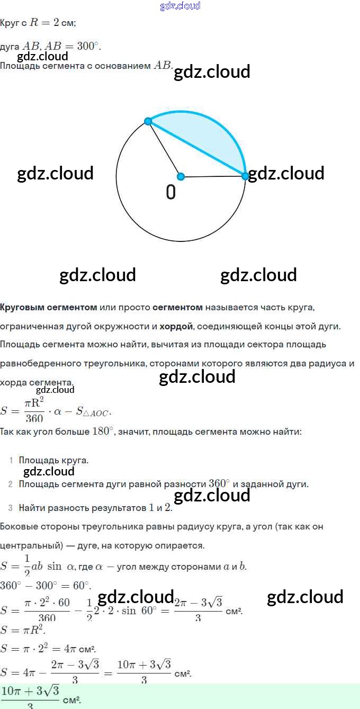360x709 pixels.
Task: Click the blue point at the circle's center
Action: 181,176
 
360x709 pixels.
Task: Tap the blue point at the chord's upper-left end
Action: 148,121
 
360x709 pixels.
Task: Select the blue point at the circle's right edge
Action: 245,176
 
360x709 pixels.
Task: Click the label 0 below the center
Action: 170,192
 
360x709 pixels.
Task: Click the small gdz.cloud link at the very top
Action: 180,6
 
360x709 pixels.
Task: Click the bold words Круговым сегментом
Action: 48,307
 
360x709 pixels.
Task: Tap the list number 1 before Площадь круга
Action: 11,461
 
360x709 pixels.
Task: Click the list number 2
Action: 11,484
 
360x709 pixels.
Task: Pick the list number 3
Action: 11,508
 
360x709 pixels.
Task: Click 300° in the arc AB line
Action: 88,47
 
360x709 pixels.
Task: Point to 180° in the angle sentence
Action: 103,432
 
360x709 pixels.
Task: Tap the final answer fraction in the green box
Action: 30,697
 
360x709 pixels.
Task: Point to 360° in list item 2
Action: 219,484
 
